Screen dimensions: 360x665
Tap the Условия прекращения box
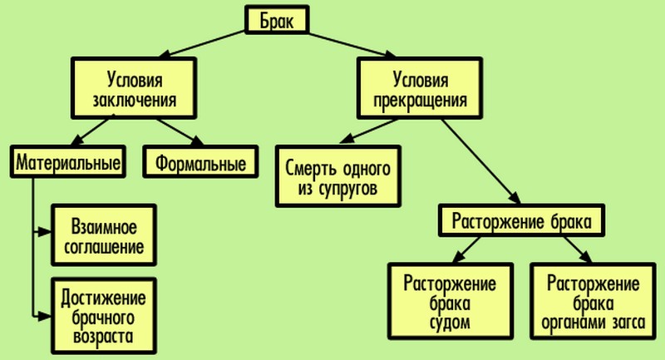click(x=420, y=90)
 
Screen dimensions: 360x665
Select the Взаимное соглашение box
click(x=104, y=235)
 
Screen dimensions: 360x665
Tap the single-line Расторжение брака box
click(x=521, y=221)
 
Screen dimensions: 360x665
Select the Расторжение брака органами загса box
click(x=594, y=300)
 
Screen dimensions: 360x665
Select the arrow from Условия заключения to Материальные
click(x=96, y=131)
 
